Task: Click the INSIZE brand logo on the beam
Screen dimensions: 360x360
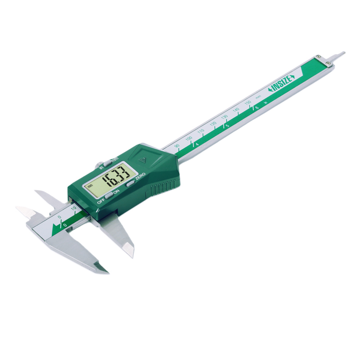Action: (282, 84)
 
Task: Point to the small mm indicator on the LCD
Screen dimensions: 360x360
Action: (90, 186)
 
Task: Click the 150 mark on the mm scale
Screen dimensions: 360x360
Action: (247, 103)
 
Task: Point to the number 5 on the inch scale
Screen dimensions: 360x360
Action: (228, 126)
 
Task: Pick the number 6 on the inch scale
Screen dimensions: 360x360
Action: (256, 108)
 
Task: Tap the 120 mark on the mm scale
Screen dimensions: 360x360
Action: (213, 124)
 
